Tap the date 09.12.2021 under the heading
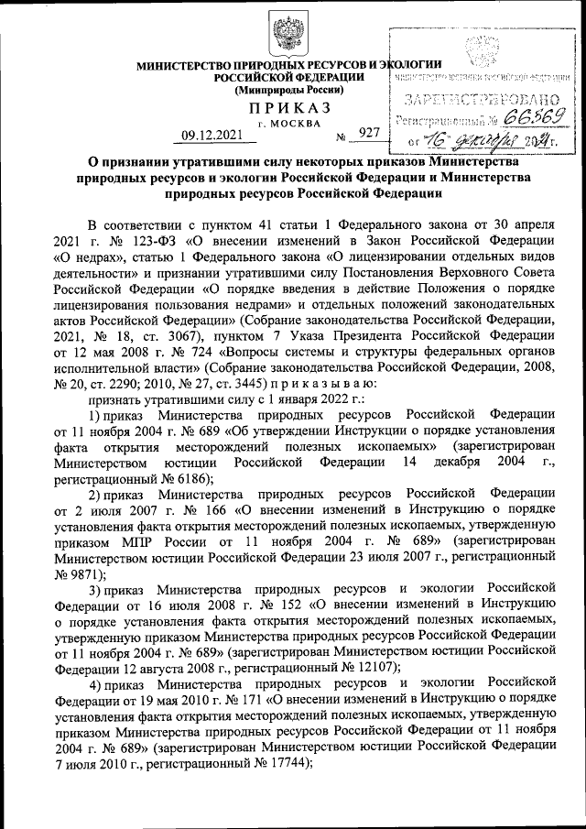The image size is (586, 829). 212,136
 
